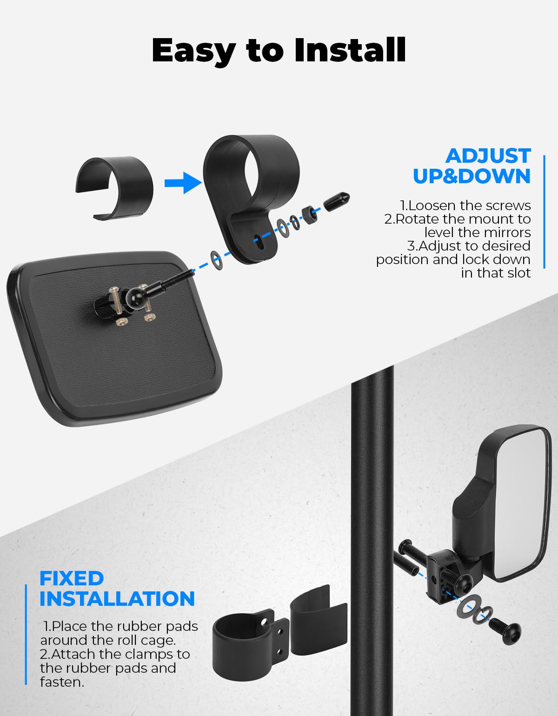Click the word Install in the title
(x=350, y=50)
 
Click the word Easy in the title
(x=194, y=52)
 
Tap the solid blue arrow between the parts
(x=183, y=183)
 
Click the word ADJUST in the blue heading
(x=488, y=156)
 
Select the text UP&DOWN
(x=472, y=176)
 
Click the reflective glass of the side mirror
(x=524, y=504)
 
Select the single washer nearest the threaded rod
(x=216, y=260)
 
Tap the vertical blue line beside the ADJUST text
(x=544, y=212)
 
